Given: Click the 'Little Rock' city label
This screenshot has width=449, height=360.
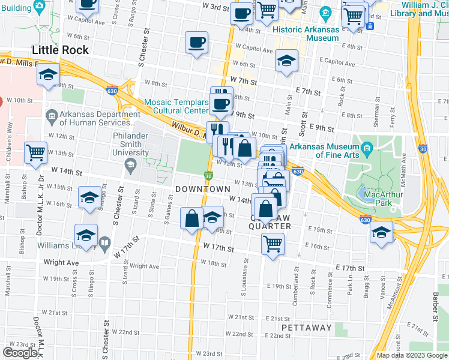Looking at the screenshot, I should point(61,50).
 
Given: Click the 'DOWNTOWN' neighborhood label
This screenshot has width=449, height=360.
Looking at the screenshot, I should point(203,189).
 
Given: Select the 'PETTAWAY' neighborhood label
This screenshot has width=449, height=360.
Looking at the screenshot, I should point(306,328).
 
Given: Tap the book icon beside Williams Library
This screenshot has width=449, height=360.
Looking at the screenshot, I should point(104,244).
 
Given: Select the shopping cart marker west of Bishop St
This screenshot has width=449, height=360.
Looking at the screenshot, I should point(36,152).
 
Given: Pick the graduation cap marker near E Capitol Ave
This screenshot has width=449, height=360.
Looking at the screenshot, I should point(287,61).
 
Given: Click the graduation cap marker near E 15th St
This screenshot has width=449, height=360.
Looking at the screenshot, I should point(381,232).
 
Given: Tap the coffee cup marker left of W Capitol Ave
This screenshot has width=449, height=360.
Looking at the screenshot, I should point(197,43).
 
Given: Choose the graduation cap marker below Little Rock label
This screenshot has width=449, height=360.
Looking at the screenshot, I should point(47,76).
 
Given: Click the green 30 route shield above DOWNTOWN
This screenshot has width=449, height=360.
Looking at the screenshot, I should point(208,176).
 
